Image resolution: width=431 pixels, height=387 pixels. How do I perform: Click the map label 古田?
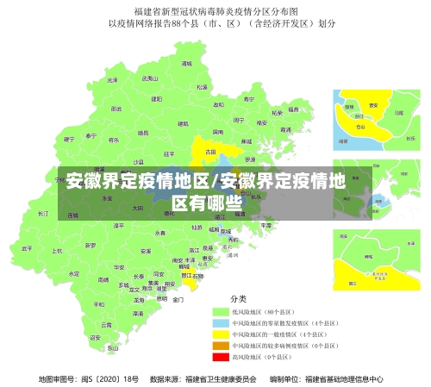coord(209,151)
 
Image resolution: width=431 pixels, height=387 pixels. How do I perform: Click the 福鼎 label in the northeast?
coord(295,109)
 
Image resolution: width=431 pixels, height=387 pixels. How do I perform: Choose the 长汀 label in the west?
coord(43,212)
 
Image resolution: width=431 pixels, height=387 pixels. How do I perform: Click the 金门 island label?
coord(178,300)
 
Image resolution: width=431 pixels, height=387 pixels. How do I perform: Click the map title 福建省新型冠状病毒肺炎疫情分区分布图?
coord(215,11)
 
